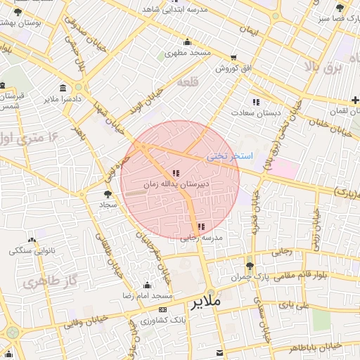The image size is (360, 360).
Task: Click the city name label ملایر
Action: click(205, 302)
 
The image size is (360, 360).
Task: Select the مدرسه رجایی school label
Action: click(202, 238)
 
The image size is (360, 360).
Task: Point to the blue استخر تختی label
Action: click(224, 157)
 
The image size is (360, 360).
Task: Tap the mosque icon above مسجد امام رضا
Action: click(147, 285)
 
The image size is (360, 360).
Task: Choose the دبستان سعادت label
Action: click(258, 112)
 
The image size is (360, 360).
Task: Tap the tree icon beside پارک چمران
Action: click(250, 265)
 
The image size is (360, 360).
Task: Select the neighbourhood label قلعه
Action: click(188, 82)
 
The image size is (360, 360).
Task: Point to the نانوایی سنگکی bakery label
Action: click(30, 250)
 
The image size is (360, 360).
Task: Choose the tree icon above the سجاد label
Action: click(107, 193)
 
